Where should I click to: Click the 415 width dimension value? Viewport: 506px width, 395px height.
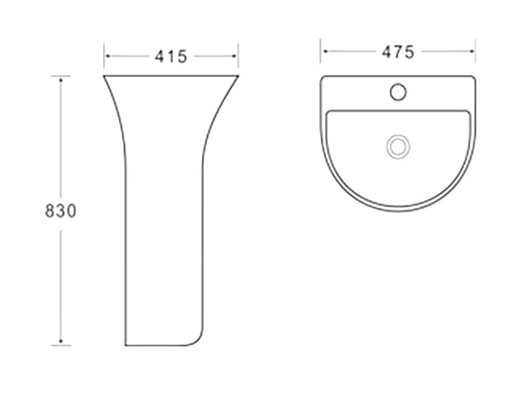170,57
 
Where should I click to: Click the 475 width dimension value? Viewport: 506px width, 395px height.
398,52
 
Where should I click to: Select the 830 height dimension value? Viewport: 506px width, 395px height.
60,211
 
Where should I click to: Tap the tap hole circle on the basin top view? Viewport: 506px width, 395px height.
398,92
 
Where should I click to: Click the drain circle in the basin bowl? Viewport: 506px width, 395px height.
399,147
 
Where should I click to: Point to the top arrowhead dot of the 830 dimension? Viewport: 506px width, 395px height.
60,80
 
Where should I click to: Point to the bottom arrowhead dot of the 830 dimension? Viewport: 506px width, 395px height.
60,341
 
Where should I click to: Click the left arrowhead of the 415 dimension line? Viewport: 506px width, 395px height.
107,56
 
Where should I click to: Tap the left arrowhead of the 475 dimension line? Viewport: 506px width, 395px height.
325,52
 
